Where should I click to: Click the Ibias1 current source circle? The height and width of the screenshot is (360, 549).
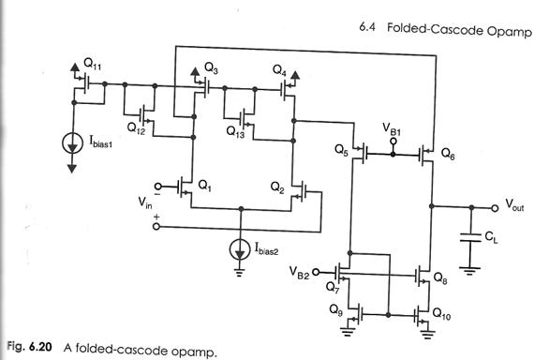[x=72, y=143]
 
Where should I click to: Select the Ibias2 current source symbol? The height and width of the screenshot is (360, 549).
[x=240, y=249]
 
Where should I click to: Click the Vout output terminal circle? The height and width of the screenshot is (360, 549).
[x=495, y=208]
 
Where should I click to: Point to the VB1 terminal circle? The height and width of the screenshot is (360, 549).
[x=393, y=142]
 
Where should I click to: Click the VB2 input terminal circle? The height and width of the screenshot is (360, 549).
[x=316, y=272]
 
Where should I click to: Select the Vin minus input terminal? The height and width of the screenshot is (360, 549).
[x=158, y=187]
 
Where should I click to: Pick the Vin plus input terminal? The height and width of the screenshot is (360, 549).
[x=156, y=227]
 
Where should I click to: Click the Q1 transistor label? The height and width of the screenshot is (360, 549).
[x=204, y=186]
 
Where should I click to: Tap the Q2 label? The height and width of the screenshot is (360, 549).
[x=277, y=187]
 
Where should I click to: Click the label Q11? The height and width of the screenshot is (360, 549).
[x=93, y=64]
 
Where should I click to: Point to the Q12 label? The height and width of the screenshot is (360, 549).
[x=136, y=128]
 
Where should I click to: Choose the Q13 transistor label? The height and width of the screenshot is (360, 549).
[x=235, y=132]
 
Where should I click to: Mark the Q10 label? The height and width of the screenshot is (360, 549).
[x=441, y=313]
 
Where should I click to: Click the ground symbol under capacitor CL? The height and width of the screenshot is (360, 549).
[x=469, y=270]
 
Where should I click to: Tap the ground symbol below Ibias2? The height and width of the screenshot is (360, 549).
[x=240, y=273]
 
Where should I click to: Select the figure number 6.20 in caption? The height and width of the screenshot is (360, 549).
[x=40, y=346]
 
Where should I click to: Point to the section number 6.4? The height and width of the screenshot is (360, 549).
[x=367, y=27]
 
